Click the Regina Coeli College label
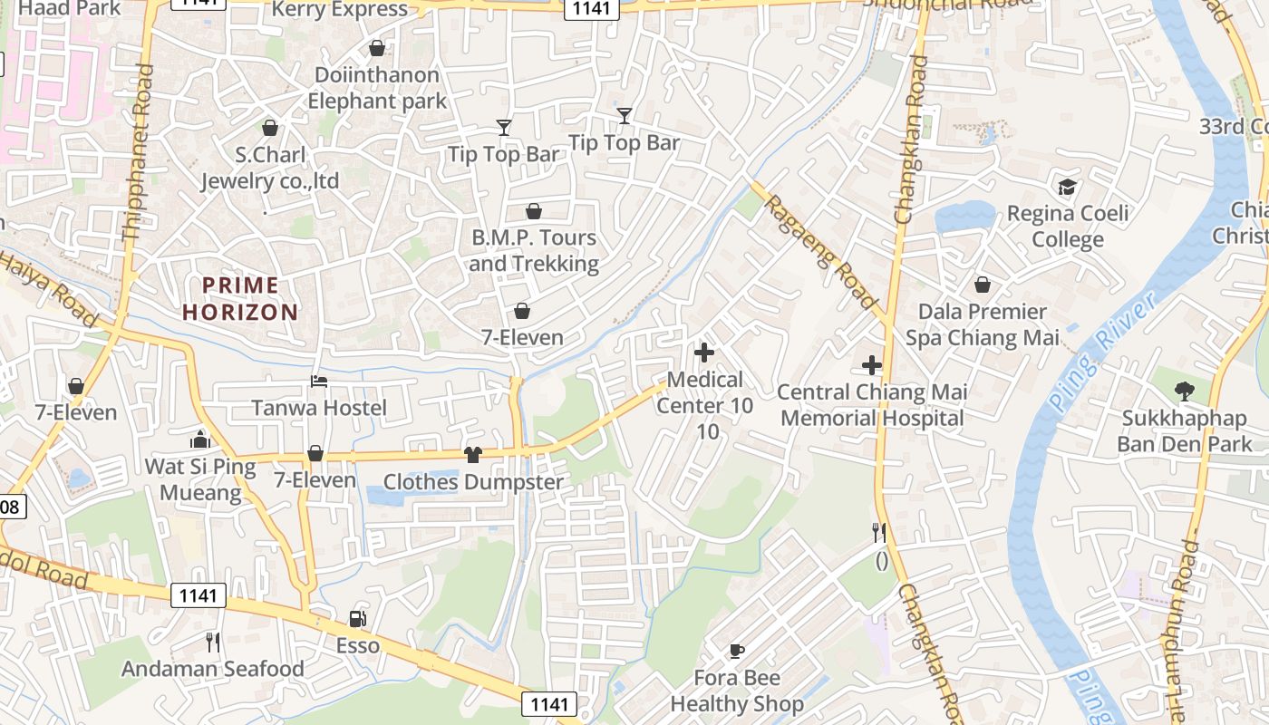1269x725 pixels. [x=1068, y=227]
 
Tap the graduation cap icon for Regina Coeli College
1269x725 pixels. [x=1067, y=187]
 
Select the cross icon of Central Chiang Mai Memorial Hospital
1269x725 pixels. [x=871, y=365]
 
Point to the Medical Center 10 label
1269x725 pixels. [x=705, y=392]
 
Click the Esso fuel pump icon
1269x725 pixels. [x=357, y=619]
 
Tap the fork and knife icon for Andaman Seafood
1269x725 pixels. [x=213, y=643]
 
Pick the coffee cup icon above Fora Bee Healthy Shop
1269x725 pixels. [x=736, y=651]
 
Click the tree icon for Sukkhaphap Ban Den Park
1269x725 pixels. [x=1184, y=391]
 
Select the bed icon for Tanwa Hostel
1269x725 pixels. [x=319, y=381]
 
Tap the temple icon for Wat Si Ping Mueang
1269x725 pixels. [x=200, y=440]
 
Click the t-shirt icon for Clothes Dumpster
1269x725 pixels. [x=472, y=455]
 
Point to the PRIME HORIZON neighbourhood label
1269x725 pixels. [x=240, y=299]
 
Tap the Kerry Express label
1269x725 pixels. [x=340, y=10]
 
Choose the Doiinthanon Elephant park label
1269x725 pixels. [x=377, y=88]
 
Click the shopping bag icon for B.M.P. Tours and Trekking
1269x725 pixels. [x=534, y=211]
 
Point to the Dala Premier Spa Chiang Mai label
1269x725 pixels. [x=983, y=324]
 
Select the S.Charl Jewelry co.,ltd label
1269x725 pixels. [x=270, y=168]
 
